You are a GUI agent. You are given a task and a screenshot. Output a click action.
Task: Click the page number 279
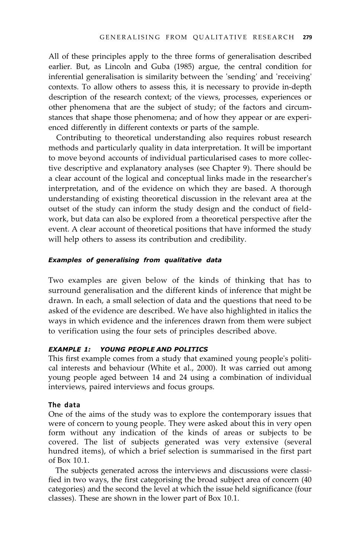[307, 37]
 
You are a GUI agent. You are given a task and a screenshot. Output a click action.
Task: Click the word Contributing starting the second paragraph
[78, 138]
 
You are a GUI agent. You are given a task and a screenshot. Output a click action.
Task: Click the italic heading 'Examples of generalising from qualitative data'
[135, 260]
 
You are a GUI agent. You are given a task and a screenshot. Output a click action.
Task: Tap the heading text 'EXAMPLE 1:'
[69, 349]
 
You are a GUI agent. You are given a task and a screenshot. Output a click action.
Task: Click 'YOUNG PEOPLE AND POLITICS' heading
[154, 349]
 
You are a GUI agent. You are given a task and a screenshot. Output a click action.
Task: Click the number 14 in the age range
[156, 378]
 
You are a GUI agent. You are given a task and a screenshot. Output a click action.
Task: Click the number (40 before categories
[306, 480]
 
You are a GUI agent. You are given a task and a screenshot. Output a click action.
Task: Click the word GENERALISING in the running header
[130, 37]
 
